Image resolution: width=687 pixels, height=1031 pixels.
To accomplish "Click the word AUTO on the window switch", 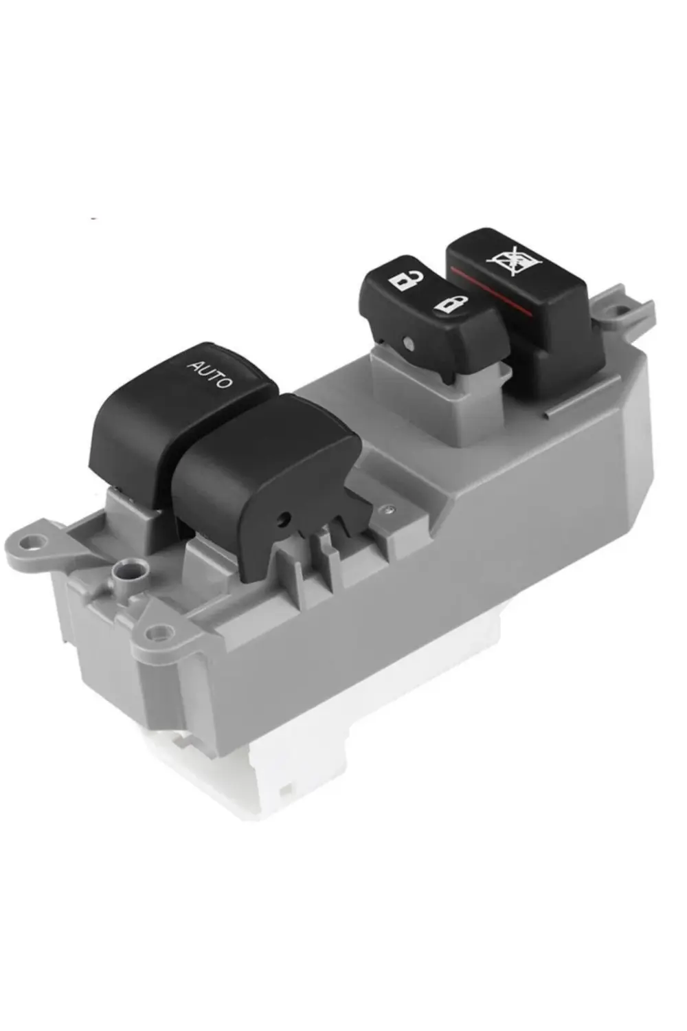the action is coord(210,374).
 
